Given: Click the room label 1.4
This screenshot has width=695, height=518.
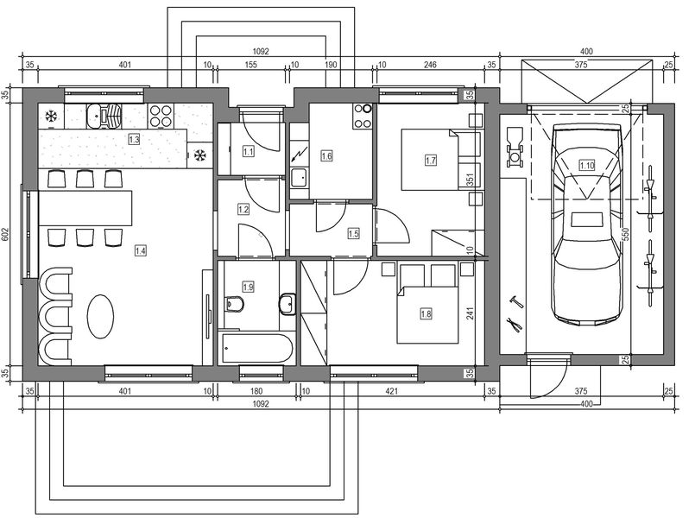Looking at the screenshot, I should [141, 250].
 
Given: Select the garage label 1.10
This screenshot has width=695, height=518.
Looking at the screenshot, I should [587, 165].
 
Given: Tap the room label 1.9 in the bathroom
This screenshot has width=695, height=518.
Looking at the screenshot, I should [249, 286].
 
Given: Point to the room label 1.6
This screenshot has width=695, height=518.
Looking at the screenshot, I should [326, 155].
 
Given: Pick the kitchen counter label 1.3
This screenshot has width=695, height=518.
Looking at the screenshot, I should [134, 138].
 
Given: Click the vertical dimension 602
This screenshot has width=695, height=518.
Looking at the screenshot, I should [8, 234].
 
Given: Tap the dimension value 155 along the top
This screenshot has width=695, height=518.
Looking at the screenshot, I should [251, 64].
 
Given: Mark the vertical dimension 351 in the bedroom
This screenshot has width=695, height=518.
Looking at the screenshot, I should [470, 180].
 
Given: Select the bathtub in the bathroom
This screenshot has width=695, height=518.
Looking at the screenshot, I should [256, 348].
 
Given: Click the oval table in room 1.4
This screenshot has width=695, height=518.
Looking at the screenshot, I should [101, 317].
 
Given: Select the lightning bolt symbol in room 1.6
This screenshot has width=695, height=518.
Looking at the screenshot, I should [300, 155].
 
